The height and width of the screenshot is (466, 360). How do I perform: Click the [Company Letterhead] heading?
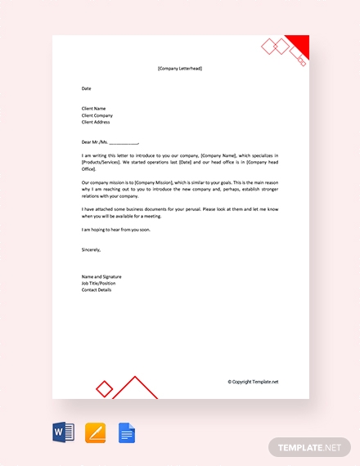pyautogui.click(x=180, y=68)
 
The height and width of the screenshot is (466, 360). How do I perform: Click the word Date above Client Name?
pyautogui.click(x=86, y=87)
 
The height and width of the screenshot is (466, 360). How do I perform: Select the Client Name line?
pyautogui.click(x=95, y=108)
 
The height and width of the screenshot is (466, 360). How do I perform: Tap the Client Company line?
pyautogui.click(x=99, y=114)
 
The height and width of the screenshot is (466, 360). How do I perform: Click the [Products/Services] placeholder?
pyautogui.click(x=101, y=161)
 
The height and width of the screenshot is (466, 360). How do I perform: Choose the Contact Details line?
pyautogui.click(x=97, y=290)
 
